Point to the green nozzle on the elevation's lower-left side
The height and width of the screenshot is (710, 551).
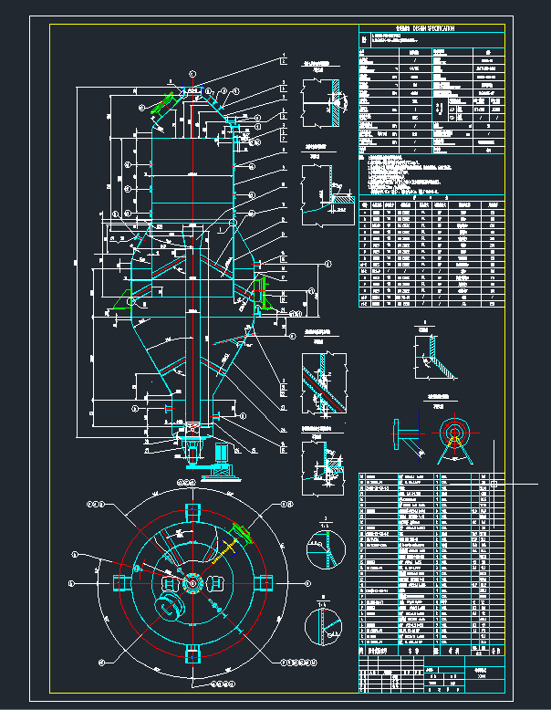120,300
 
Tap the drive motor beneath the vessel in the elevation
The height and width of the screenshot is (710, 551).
220,456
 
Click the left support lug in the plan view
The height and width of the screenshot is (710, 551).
120,581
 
